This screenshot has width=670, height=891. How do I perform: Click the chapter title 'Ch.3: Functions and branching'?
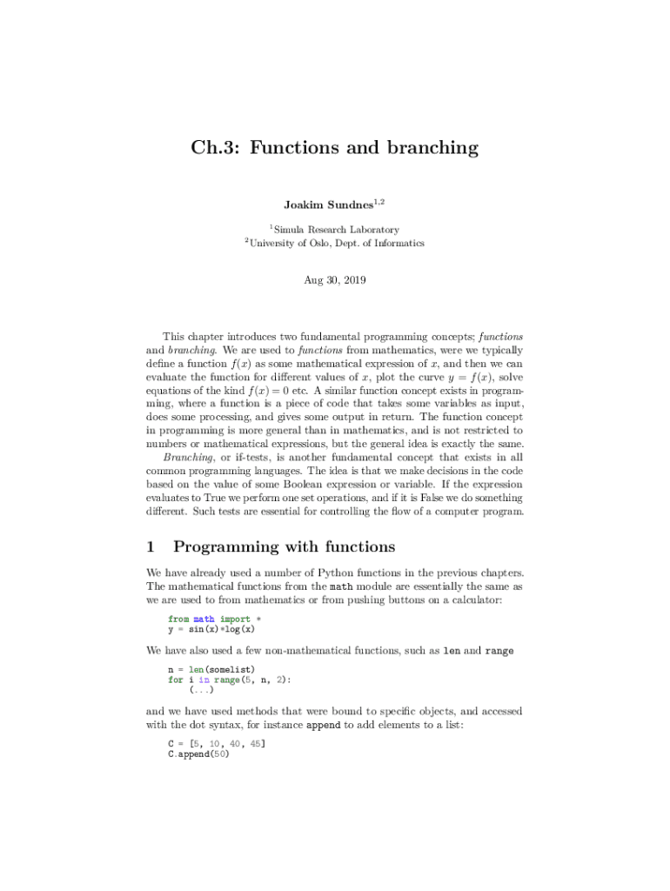tap(335, 148)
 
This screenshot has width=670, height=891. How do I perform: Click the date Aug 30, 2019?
tap(335, 280)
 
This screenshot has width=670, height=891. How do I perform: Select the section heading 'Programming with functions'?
tap(285, 546)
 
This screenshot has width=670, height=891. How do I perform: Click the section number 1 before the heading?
tap(151, 546)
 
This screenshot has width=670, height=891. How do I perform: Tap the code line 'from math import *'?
tap(215, 619)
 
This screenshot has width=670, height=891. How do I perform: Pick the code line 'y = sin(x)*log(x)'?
tap(211, 629)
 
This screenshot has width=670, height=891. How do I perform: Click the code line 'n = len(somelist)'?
tap(211, 668)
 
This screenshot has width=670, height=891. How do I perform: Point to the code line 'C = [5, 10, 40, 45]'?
tap(217, 745)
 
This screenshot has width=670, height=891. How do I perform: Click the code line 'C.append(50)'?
tap(198, 755)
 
